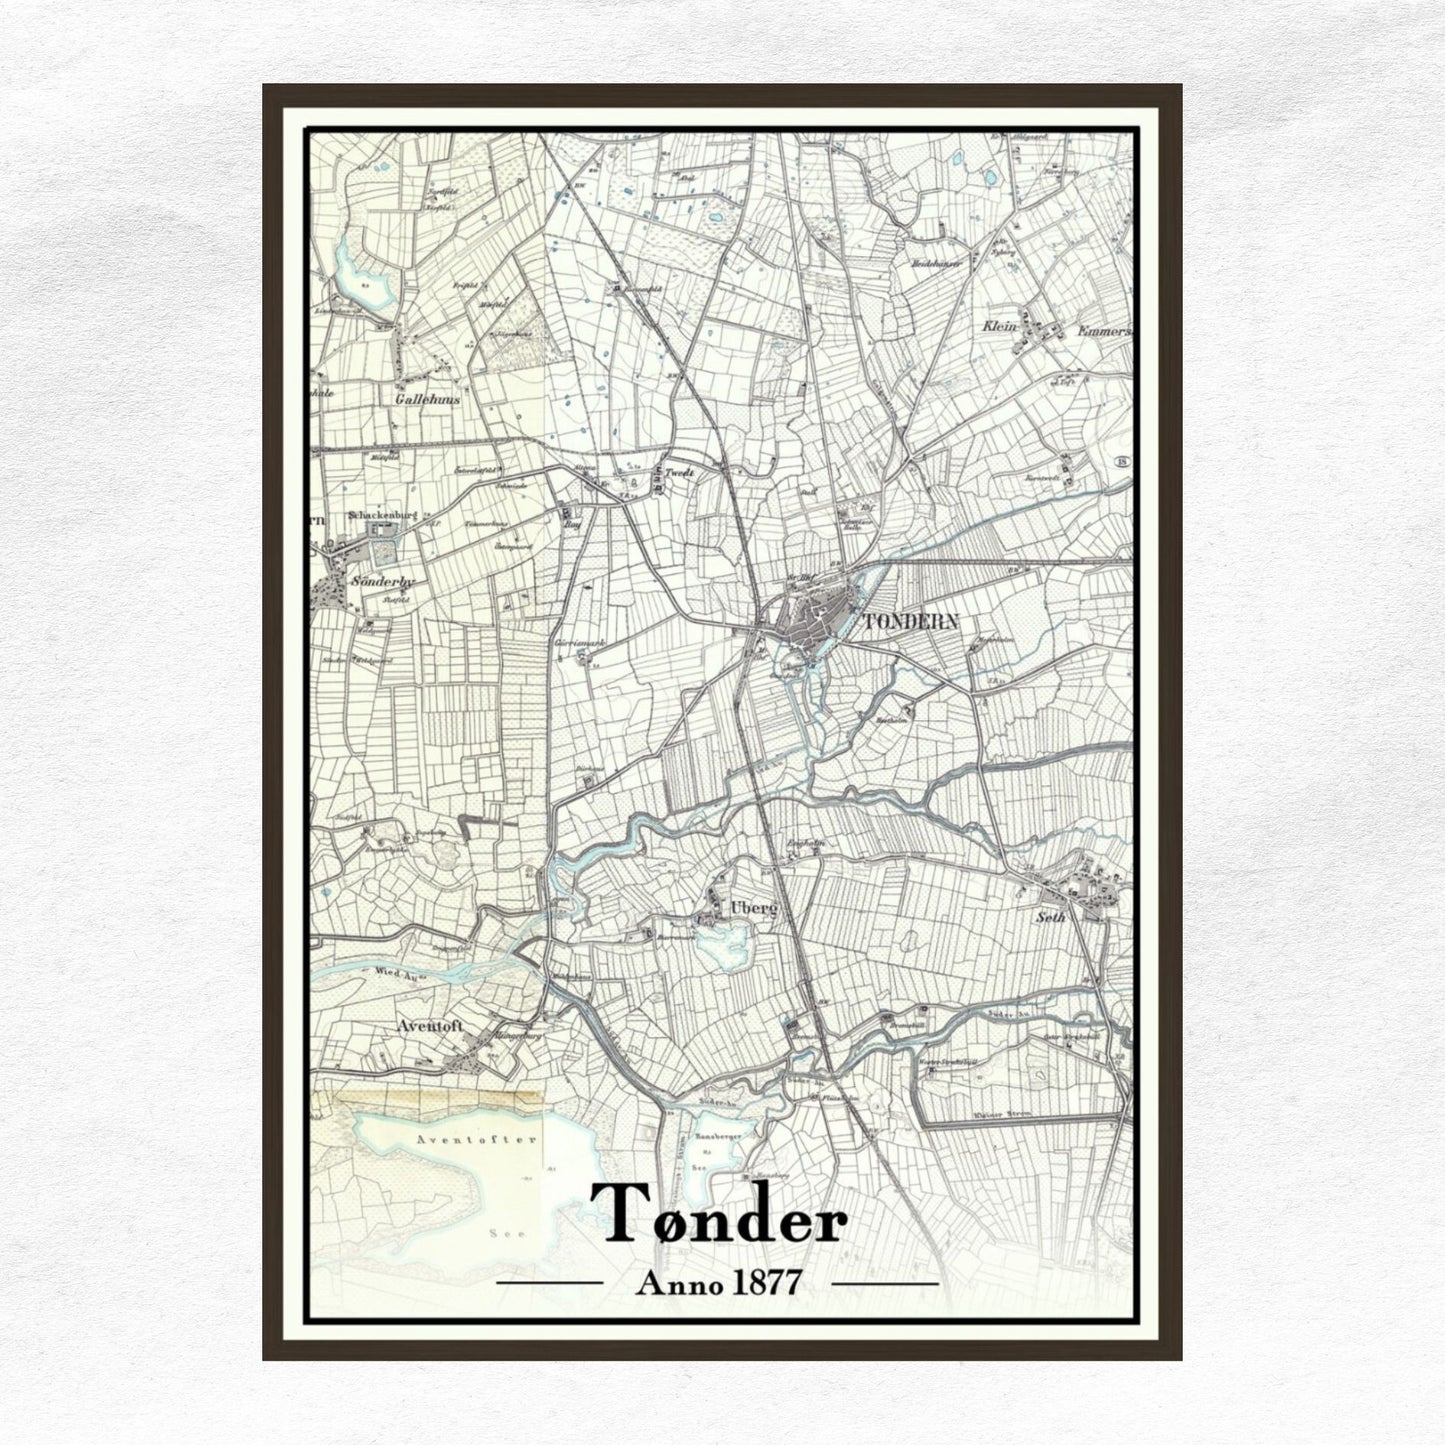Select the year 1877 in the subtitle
pyautogui.click(x=766, y=1283)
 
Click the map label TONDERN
pyautogui.click(x=910, y=622)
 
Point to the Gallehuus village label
pyautogui.click(x=427, y=398)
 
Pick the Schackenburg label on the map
pyautogui.click(x=381, y=515)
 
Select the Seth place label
pyautogui.click(x=1051, y=916)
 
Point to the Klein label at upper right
pyautogui.click(x=999, y=327)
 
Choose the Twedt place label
pyautogui.click(x=680, y=472)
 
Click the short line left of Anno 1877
pyautogui.click(x=550, y=1282)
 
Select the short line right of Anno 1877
pyautogui.click(x=885, y=1282)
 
